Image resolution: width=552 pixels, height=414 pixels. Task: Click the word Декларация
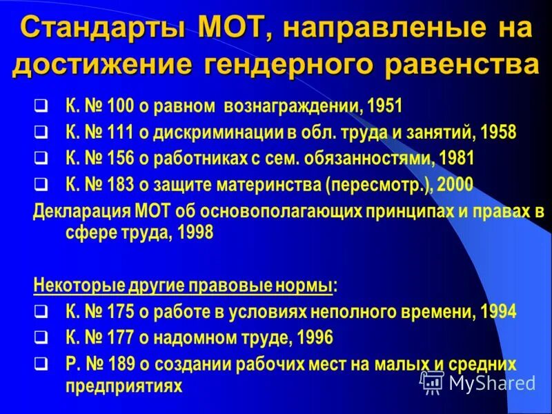(75, 211)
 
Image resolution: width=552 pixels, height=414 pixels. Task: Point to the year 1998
(195, 233)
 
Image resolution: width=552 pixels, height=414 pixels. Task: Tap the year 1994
(499, 312)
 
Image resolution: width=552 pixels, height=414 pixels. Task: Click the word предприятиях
(124, 385)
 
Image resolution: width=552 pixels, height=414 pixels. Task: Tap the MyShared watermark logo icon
(433, 382)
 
